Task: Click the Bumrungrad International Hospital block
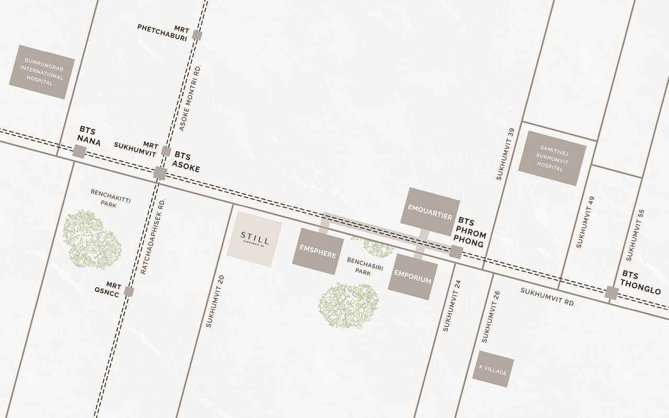(x=42, y=72)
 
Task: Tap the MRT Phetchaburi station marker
(x=197, y=35)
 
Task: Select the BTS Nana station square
(x=79, y=152)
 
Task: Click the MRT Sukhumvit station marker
(x=166, y=152)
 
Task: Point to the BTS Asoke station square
(x=160, y=173)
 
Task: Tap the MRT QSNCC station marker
(x=129, y=292)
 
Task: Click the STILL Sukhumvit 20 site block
(x=255, y=239)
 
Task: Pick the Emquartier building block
(x=433, y=211)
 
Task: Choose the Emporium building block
(x=413, y=276)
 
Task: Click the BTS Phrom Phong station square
(x=456, y=252)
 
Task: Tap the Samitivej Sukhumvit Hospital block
(x=552, y=158)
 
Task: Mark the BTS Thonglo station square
(x=612, y=293)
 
